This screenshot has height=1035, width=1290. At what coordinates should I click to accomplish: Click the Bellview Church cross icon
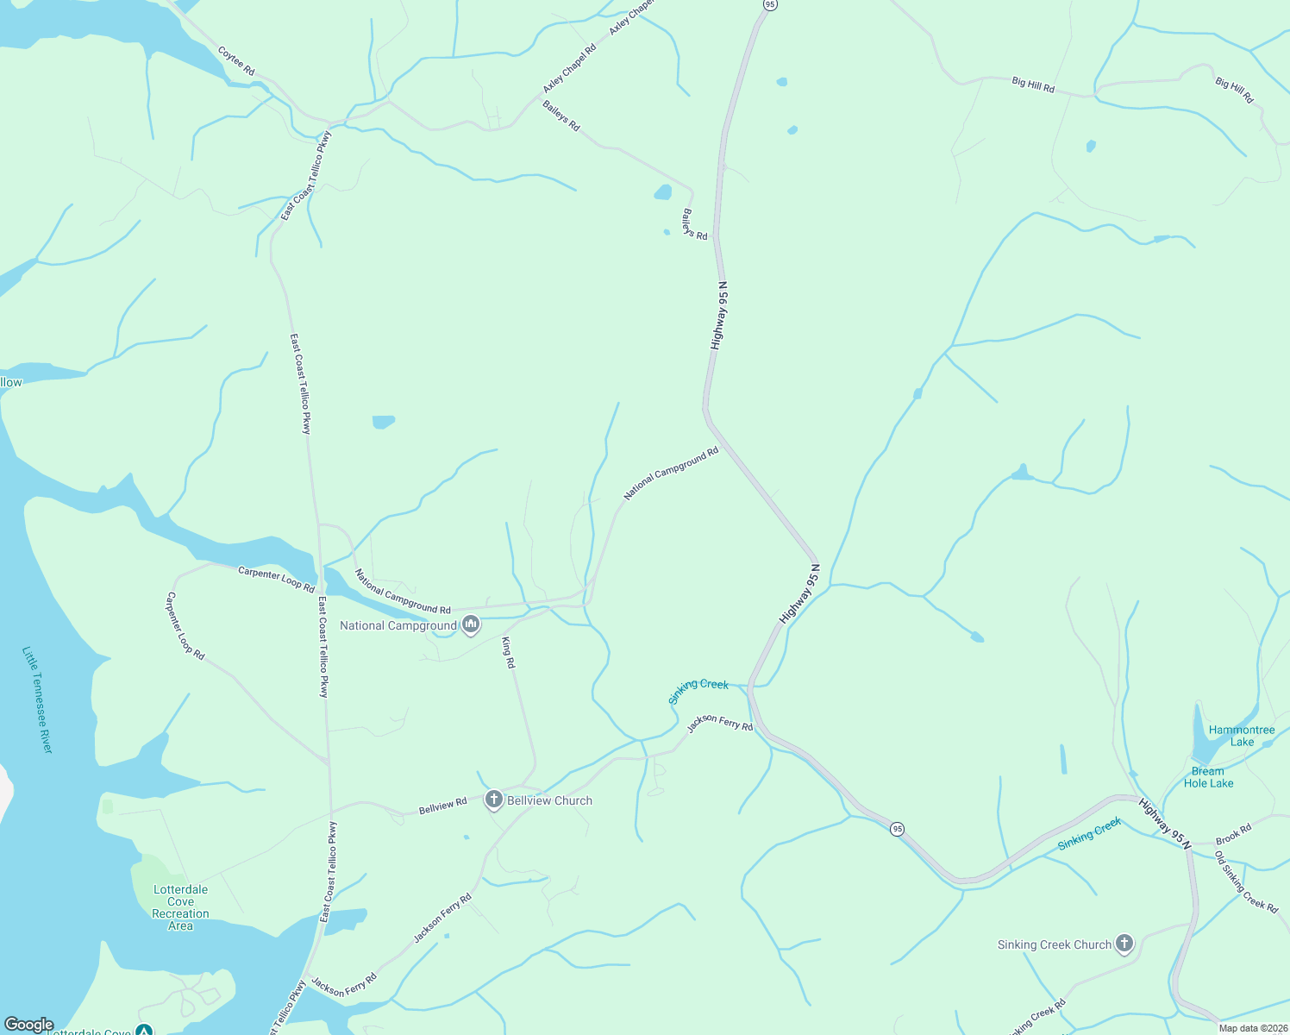[494, 800]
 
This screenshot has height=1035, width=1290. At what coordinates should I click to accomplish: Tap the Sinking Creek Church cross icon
[1124, 944]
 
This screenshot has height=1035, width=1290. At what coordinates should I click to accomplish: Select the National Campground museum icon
[470, 625]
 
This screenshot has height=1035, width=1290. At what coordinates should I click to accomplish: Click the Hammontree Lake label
[1242, 736]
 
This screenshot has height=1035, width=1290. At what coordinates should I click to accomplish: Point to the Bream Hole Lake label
[1208, 777]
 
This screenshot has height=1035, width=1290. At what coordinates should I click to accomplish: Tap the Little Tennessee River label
[38, 699]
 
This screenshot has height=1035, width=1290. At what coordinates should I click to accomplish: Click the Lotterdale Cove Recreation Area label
[180, 907]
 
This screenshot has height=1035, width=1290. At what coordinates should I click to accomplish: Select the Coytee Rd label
[236, 61]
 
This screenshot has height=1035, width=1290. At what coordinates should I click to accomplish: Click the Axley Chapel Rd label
[569, 70]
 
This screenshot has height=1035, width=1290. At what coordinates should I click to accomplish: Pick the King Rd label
[509, 653]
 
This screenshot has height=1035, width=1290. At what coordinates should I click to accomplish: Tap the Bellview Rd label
[442, 806]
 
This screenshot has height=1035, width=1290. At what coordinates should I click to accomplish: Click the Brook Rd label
[1233, 835]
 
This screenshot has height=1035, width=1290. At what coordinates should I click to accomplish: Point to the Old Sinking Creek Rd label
[1246, 881]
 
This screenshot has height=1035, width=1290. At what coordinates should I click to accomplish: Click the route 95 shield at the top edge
[770, 5]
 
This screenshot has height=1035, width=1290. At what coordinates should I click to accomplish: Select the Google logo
[28, 1025]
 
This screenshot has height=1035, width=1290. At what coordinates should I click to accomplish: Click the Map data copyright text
[1252, 1028]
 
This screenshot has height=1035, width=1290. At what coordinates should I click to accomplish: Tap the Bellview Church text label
[549, 800]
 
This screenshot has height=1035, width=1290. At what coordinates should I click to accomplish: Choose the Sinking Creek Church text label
[1054, 944]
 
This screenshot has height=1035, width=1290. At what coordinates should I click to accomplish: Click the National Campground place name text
[398, 625]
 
